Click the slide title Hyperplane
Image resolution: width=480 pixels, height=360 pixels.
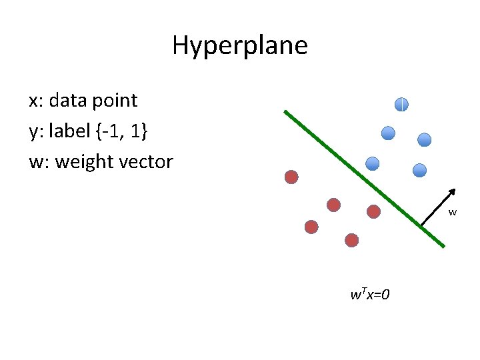tap(240, 46)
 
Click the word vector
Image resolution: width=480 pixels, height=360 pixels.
tap(147, 162)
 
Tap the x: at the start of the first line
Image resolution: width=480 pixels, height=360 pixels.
tap(35, 101)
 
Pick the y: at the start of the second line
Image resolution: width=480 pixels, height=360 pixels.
tap(35, 132)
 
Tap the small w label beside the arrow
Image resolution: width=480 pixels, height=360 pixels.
tap(453, 213)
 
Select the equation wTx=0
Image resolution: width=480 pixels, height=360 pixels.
tap(370, 294)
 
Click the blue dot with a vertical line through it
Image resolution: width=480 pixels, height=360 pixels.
tap(401, 104)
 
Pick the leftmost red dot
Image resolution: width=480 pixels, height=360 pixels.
tap(291, 177)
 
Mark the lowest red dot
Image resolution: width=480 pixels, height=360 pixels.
tap(352, 240)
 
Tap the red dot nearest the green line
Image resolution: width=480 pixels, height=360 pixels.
tap(374, 211)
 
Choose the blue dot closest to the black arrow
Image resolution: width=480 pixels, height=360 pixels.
tap(419, 170)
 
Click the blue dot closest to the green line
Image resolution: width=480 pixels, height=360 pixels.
tap(373, 163)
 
